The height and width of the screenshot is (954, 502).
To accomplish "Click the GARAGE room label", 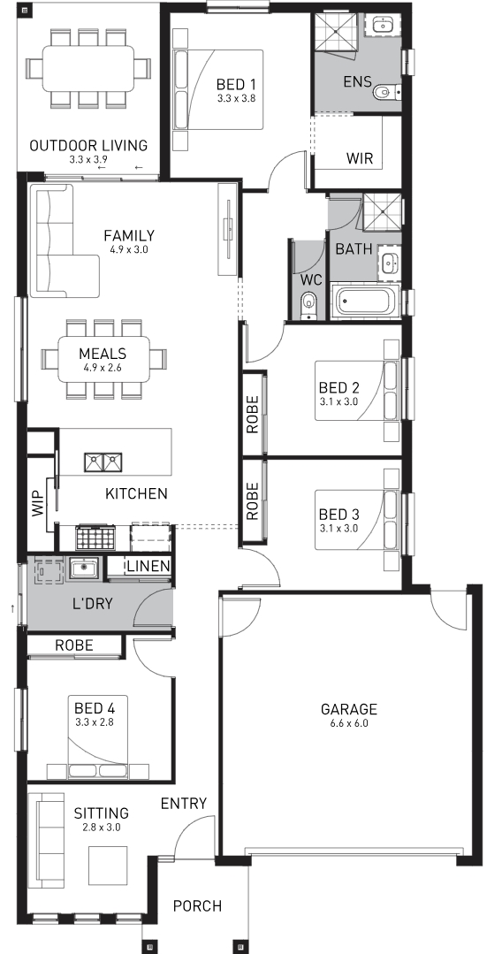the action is [349, 709].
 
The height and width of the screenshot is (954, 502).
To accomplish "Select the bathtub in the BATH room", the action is [366, 301].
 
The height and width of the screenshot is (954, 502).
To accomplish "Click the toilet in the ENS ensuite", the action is [385, 93].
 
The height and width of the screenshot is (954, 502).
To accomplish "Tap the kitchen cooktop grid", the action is [95, 538].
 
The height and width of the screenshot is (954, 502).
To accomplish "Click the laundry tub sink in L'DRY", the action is [81, 569].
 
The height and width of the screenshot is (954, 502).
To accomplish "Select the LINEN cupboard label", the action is [148, 567].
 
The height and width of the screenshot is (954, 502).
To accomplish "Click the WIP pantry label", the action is [38, 503].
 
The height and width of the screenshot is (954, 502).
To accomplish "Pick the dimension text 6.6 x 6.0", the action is [349, 723].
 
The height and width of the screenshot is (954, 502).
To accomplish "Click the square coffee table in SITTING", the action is [108, 866].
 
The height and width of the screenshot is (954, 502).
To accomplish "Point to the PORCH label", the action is [197, 906].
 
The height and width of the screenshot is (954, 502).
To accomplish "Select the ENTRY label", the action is [183, 804].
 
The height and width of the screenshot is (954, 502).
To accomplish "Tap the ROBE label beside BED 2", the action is [253, 415].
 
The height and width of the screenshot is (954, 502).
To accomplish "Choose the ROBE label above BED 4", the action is [74, 645].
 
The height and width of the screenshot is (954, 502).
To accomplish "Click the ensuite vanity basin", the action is [383, 25].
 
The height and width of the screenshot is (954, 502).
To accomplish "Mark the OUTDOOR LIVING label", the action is [88, 145].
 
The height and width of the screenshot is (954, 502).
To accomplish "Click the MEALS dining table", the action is [104, 359].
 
